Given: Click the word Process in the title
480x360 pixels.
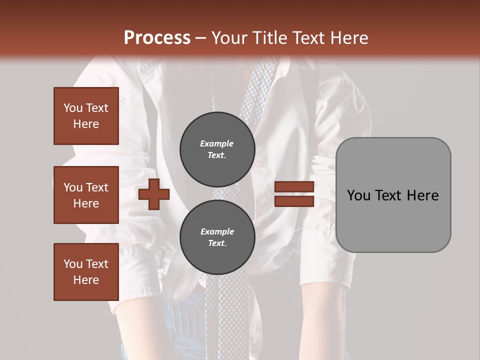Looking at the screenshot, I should coord(157,38).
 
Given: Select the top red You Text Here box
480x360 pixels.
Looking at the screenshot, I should coord(86,116).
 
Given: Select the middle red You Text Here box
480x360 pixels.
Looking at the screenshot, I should coord(86,195).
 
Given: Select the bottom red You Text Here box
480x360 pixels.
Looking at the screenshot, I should coord(86,272).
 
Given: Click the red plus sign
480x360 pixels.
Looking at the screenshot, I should coord(154,194).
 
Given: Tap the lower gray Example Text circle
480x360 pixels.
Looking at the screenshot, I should coord(217,237).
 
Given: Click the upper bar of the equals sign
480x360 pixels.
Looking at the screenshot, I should coord(294,187).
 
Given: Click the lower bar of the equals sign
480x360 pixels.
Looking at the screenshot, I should coord(294,201).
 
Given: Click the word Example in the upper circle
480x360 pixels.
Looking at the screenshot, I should coord(217,143).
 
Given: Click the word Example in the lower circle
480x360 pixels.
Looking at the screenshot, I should coord(217,231).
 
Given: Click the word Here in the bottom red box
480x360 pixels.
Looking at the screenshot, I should coord(86,280).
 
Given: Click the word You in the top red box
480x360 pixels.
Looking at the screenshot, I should coord(73,108).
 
